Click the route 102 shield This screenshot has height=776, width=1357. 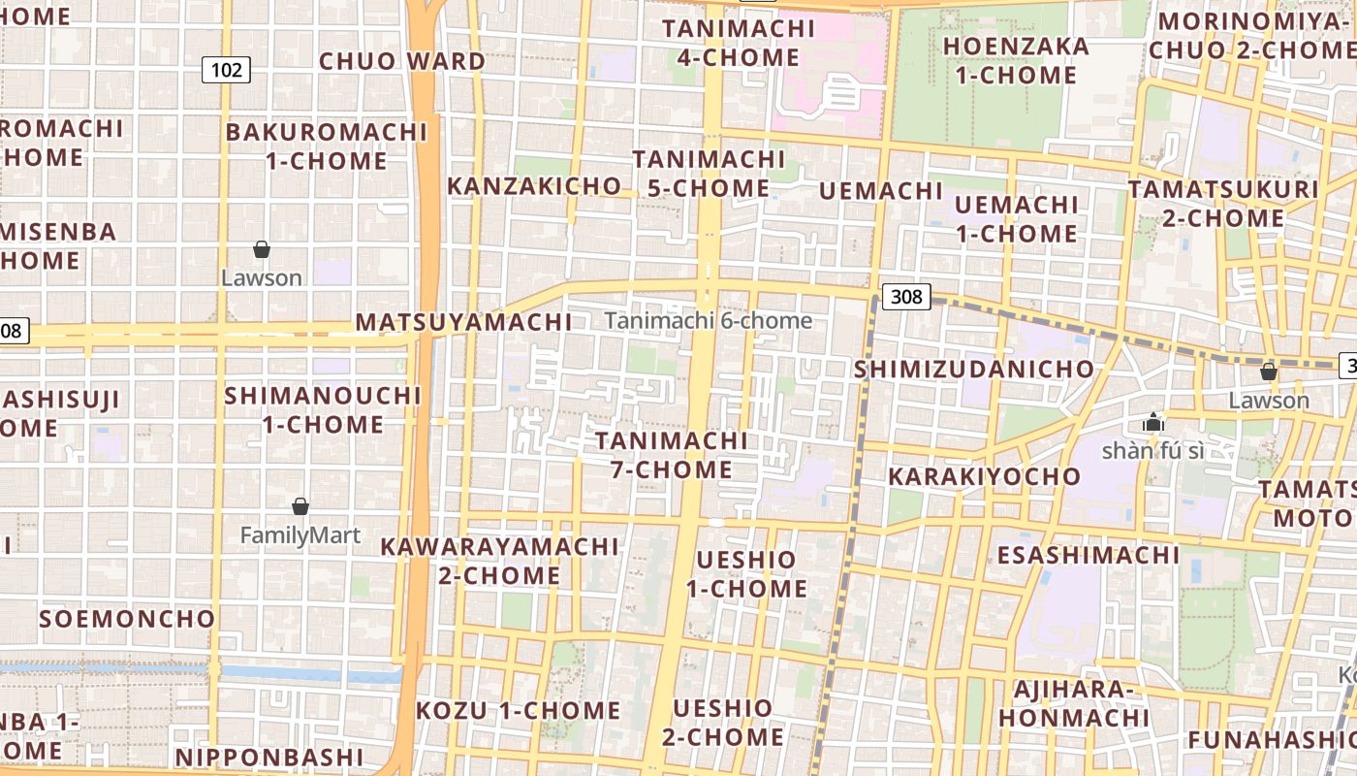227,70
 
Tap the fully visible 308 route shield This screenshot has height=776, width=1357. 906,296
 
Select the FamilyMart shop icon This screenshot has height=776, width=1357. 300,506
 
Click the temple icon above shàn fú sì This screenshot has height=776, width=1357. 1152,422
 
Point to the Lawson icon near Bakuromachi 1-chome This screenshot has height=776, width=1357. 262,249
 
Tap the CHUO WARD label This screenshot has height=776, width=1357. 402,61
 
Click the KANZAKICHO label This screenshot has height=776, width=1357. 534,185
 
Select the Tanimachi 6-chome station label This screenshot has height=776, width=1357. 709,320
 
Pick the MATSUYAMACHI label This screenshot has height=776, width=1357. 463,321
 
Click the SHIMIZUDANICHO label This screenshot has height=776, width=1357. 973,370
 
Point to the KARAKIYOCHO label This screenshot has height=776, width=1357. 984,476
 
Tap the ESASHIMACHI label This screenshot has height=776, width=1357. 1088,555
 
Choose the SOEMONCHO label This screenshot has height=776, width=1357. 127,618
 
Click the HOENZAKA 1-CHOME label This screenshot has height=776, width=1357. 1016,60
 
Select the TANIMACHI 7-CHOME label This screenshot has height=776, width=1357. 672,455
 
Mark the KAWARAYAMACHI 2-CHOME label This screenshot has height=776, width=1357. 499,561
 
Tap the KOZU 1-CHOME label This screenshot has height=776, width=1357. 519,710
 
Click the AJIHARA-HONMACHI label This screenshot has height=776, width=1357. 1074,703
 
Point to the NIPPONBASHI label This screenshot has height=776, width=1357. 269,757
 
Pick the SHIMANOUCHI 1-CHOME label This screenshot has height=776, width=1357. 323,409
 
